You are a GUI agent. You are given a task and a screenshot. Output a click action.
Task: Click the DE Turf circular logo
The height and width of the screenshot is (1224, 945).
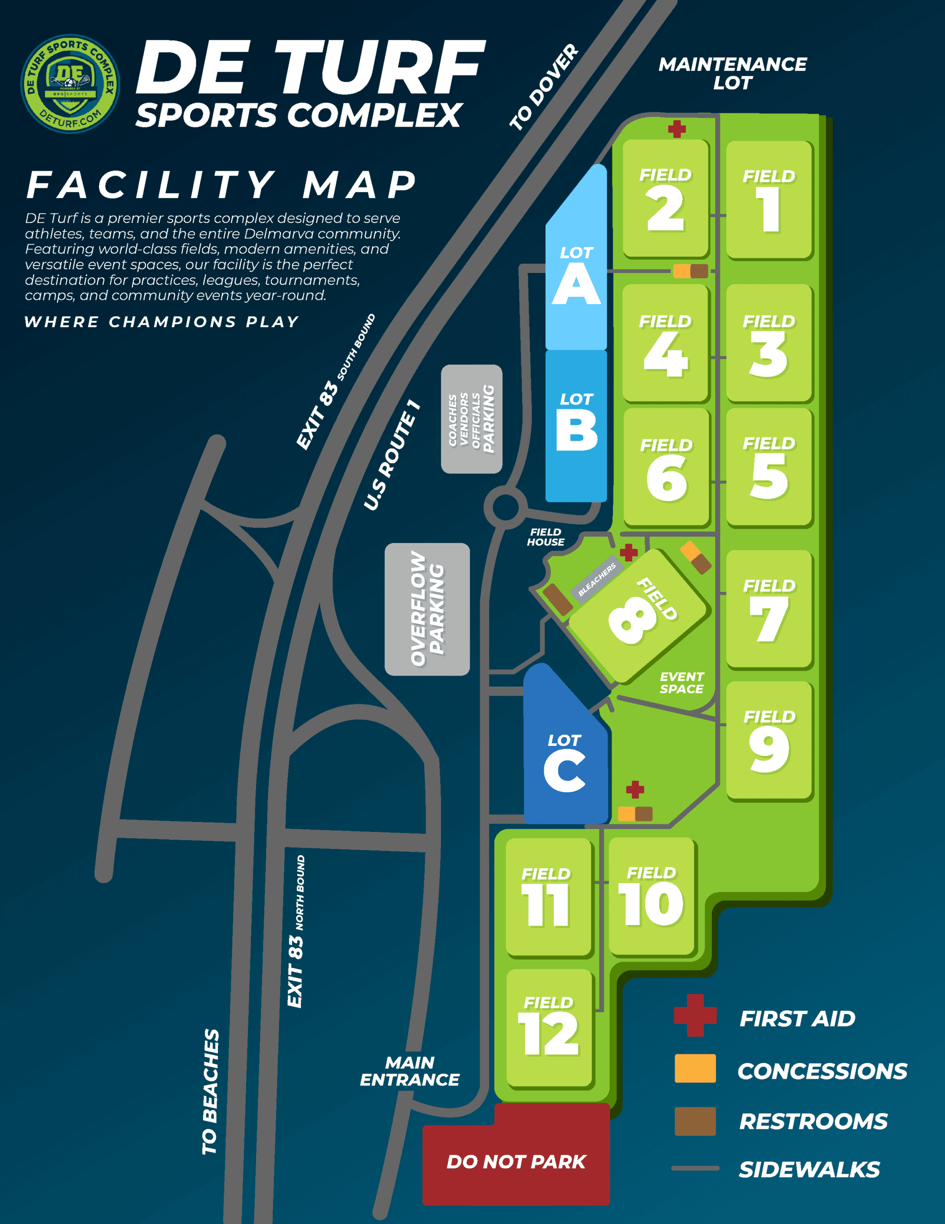70,84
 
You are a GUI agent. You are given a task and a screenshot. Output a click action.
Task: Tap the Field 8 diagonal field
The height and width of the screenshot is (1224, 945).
639,616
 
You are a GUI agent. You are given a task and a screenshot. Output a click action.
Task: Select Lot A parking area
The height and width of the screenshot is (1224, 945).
576,258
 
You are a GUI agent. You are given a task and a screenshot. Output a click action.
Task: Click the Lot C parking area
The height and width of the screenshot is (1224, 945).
565,745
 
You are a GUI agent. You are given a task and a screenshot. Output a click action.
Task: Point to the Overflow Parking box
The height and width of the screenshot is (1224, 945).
427,609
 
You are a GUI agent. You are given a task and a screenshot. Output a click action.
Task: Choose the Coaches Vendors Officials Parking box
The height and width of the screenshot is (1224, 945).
471,419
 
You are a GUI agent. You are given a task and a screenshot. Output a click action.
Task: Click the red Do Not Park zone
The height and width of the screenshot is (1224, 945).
516,1156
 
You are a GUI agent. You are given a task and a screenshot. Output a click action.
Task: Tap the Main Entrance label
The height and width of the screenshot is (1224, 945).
409,1071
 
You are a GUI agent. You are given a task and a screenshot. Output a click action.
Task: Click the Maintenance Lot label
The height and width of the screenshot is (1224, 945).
733,74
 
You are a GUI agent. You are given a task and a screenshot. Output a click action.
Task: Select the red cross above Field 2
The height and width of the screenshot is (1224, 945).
677,129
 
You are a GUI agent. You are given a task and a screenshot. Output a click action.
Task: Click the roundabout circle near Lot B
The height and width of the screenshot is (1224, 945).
505,507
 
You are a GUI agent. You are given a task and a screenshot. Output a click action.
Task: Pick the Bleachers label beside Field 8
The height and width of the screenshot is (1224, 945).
597,579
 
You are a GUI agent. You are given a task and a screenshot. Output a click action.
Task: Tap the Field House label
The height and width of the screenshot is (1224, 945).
546,537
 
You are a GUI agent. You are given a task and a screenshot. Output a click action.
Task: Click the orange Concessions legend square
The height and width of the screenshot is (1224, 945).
695,1068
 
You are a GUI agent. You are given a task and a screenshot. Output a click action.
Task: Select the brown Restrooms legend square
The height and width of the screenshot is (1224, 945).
695,1121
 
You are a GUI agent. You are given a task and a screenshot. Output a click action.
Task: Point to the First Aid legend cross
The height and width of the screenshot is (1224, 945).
695,1015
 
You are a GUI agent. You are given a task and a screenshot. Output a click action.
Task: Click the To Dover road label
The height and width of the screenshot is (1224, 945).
543,87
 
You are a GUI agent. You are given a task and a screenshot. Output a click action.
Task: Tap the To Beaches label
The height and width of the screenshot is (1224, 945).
211,1092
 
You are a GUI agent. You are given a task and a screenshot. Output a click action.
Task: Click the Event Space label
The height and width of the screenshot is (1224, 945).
682,683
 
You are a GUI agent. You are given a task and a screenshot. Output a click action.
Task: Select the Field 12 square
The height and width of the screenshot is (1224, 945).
549,1028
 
